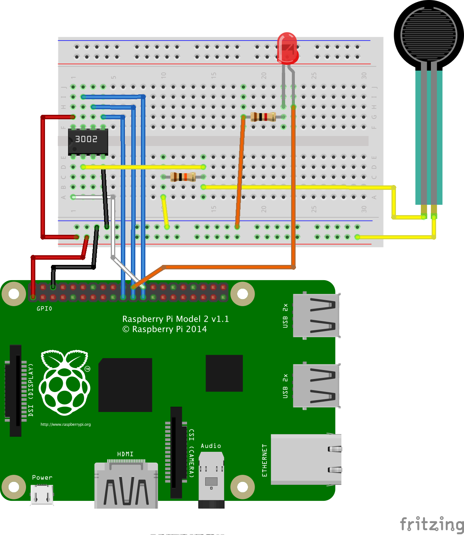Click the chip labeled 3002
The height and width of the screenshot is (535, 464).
tap(88, 142)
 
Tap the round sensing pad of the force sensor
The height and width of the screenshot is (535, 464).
tap(429, 35)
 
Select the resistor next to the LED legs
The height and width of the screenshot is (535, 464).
tap(263, 117)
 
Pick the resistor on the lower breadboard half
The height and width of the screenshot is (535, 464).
tap(183, 177)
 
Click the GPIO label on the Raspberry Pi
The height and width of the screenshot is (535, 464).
tap(44, 309)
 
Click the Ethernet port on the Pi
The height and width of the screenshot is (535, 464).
tap(306, 459)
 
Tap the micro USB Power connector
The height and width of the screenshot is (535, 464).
tap(42, 495)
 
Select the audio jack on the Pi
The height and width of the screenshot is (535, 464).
tap(211, 479)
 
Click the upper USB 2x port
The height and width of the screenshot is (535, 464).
tap(316, 315)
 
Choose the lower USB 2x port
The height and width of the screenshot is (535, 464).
tap(316, 386)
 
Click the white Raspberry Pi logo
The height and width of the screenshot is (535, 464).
tap(65, 382)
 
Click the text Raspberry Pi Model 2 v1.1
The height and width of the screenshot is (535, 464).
tap(175, 319)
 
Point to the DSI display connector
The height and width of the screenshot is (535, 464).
tap(16, 390)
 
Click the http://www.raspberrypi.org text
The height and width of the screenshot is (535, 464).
tap(65, 424)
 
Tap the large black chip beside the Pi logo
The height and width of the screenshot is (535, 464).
tap(125, 385)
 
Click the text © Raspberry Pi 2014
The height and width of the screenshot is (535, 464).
tap(165, 329)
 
